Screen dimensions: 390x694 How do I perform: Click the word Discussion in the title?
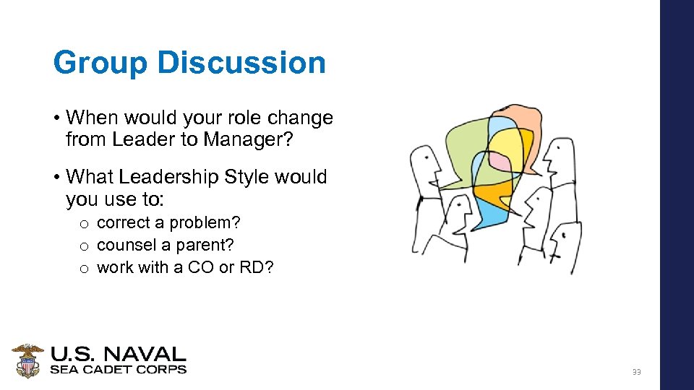point(241,63)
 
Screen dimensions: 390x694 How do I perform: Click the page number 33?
point(636,372)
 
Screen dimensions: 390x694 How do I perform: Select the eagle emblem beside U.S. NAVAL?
point(27,360)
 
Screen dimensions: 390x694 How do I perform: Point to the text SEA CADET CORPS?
point(118,370)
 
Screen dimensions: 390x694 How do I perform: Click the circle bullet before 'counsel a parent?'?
point(84,246)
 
